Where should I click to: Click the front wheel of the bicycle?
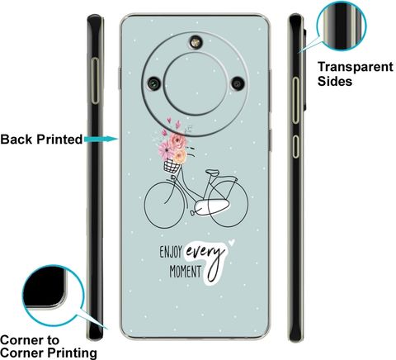145,205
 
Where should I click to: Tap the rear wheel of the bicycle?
248,204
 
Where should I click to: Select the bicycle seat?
213,173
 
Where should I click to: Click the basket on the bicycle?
172,166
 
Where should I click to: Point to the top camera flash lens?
196,42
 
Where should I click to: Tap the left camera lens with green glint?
154,83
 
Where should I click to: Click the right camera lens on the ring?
238,83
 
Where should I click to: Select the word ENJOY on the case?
171,252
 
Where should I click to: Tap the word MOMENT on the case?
185,272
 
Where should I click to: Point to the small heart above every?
232,243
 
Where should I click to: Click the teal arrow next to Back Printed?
101,139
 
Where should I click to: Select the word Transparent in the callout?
356,67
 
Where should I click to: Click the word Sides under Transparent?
335,81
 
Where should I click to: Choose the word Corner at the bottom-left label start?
30,340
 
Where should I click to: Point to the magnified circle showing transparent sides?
342,26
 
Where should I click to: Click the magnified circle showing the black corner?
53,295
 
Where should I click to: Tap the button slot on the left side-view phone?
95,81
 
